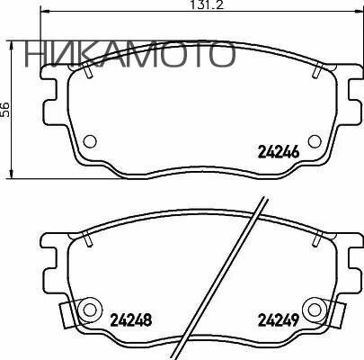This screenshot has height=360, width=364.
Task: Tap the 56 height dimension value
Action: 5,109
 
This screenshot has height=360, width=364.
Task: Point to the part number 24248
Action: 131,319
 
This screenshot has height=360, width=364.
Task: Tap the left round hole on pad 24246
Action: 90,141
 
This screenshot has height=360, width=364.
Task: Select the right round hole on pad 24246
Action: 315,140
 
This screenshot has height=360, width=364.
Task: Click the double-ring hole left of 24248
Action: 89,310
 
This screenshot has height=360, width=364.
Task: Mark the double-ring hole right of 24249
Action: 314,310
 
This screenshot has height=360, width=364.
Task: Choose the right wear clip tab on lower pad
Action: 339,316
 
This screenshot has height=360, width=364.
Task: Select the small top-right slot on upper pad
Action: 321,65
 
